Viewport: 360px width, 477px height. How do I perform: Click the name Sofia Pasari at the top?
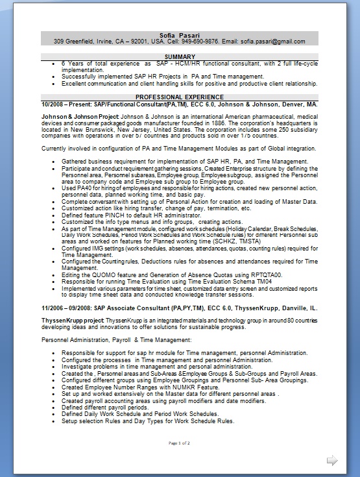180,34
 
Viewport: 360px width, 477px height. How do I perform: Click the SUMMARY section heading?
180,57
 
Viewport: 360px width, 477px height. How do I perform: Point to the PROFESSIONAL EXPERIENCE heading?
180,97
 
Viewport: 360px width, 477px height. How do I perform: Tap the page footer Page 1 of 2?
180,443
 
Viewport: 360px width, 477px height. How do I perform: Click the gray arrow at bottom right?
332,460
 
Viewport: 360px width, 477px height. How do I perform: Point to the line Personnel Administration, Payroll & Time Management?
116,340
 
